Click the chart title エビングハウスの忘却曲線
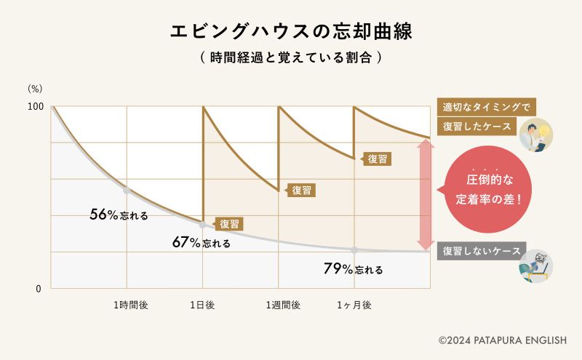(291, 31)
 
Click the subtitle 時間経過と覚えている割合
(291, 57)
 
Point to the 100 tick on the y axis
(36, 107)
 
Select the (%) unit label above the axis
(36, 89)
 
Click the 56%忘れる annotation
(119, 215)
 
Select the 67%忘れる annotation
(202, 243)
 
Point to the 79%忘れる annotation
(353, 269)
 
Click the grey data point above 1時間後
(127, 191)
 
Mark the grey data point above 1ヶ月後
(354, 249)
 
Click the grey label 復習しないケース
(482, 251)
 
